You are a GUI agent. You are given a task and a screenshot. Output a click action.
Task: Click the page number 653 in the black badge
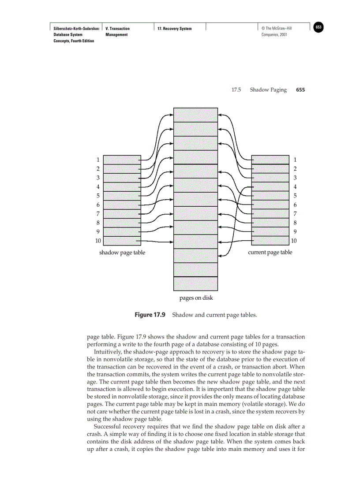(x=319, y=27)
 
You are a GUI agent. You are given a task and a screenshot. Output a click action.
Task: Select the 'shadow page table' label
(x=122, y=253)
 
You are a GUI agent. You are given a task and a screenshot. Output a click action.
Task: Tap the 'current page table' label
(x=270, y=252)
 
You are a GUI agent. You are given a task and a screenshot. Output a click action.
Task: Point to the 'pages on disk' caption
(x=196, y=298)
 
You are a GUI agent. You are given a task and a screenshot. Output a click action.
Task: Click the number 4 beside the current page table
(x=295, y=187)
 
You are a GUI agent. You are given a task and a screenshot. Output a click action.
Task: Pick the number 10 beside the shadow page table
(x=98, y=241)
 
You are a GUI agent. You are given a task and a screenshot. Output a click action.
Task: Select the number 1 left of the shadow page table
(x=98, y=160)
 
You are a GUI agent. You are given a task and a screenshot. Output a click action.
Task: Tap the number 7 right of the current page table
(x=295, y=214)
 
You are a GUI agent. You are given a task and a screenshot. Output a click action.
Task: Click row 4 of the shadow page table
(x=122, y=187)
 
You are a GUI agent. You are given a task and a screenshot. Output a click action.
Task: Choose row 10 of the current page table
(x=270, y=241)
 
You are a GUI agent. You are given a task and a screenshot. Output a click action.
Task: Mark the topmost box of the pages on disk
(x=195, y=115)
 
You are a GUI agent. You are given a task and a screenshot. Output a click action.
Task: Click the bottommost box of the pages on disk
(x=195, y=283)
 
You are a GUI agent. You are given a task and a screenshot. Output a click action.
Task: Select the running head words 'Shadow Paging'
(x=268, y=90)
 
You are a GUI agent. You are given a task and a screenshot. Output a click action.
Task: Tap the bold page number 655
(x=300, y=90)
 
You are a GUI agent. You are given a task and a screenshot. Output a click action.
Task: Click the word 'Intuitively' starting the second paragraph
(x=108, y=352)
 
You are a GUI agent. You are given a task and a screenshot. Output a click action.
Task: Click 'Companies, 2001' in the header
(x=274, y=35)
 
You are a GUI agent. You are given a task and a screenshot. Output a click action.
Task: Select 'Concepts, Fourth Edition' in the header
(x=74, y=41)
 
